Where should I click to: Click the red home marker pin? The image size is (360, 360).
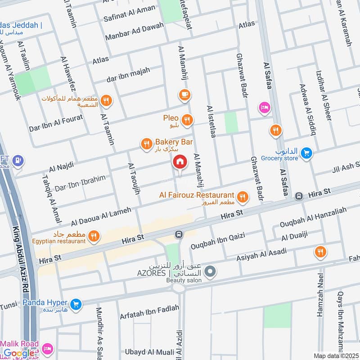pyautogui.click(x=180, y=162)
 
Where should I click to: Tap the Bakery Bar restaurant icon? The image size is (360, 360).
pyautogui.click(x=146, y=144)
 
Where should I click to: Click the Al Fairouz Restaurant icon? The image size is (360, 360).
pyautogui.click(x=243, y=197)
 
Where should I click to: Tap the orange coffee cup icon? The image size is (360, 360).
pyautogui.click(x=184, y=94)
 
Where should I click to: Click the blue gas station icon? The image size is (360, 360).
pyautogui.click(x=18, y=160)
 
